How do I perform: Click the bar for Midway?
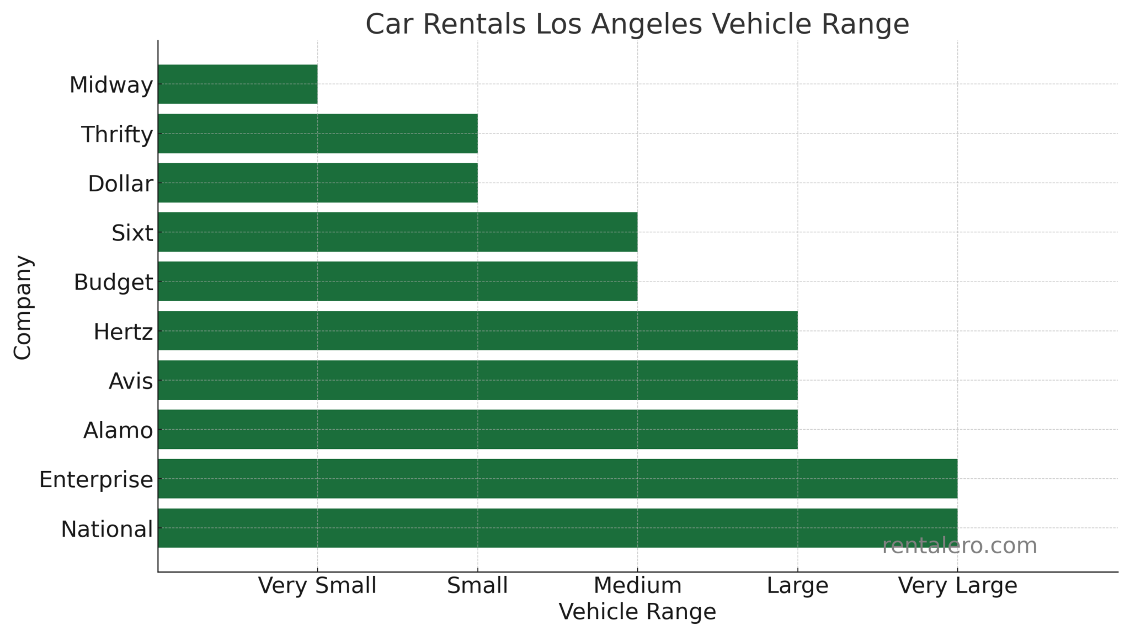click(x=237, y=84)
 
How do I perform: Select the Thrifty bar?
click(x=317, y=133)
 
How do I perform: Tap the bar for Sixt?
click(x=397, y=232)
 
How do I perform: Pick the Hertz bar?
click(x=477, y=330)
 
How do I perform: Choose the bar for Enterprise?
click(x=557, y=478)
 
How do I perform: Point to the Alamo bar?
click(x=477, y=429)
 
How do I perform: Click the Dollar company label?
click(x=120, y=184)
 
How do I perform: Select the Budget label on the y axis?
click(x=113, y=282)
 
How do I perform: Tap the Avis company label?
click(x=131, y=381)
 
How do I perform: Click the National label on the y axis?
click(x=106, y=529)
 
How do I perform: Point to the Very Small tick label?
click(x=317, y=585)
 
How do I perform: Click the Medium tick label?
click(x=637, y=585)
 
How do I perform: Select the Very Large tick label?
click(x=957, y=585)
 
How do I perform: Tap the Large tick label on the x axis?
click(x=797, y=585)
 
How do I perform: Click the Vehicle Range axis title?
click(x=637, y=612)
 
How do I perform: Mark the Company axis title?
click(x=23, y=307)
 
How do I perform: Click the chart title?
click(x=637, y=24)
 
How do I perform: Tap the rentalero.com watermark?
click(x=960, y=546)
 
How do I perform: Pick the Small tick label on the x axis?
click(x=477, y=585)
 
